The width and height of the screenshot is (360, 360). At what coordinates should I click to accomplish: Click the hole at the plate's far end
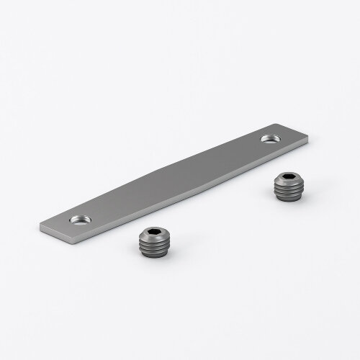[272, 136]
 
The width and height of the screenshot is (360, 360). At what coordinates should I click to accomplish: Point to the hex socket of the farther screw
[289, 178]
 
